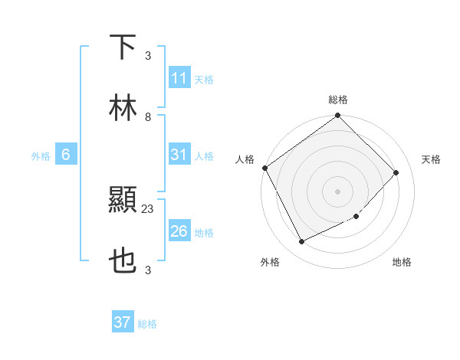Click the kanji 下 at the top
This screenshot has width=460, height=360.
click(x=123, y=47)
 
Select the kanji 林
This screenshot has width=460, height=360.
click(x=123, y=108)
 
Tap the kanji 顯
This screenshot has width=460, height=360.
click(x=123, y=200)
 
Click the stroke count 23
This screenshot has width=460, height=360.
click(x=148, y=208)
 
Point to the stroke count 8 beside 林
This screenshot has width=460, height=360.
click(x=148, y=117)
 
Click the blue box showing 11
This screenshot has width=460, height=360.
click(x=179, y=79)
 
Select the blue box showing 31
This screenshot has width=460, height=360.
click(x=179, y=155)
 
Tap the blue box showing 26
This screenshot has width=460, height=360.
click(x=179, y=231)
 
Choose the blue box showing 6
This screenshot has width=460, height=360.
click(x=66, y=155)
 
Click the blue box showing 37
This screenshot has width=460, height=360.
click(x=122, y=322)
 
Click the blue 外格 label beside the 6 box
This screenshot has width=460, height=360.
click(x=41, y=156)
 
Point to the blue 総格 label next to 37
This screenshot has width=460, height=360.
click(x=147, y=324)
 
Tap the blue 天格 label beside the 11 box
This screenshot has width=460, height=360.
click(x=204, y=80)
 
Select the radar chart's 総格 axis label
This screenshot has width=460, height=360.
click(x=338, y=100)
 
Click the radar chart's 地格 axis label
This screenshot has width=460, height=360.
click(x=402, y=262)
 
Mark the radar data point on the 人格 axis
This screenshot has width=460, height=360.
click(x=264, y=168)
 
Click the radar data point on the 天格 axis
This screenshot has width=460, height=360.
click(x=396, y=172)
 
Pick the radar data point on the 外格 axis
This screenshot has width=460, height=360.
click(x=301, y=242)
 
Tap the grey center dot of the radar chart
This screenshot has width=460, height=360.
click(x=338, y=191)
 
